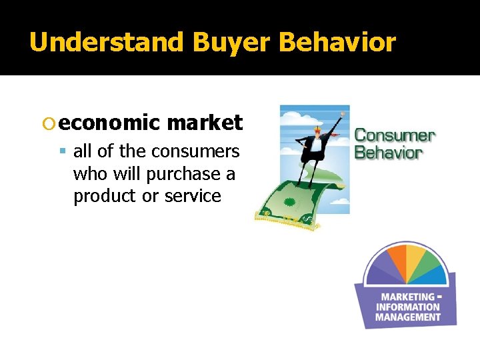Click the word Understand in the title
coord(107,43)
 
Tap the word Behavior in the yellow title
coord(337,43)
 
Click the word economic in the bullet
coord(109,123)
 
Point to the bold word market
coord(204,123)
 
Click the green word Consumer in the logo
coord(394,136)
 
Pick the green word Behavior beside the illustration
coord(388,153)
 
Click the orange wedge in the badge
coord(396,259)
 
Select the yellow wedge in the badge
coord(416,257)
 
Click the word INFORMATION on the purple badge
coord(407,307)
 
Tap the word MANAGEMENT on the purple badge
coord(407,317)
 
